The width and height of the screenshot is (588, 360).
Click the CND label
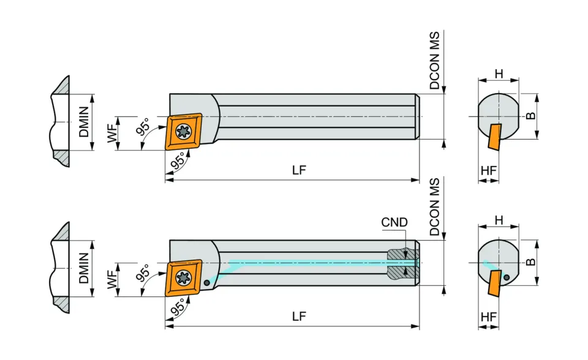pyautogui.click(x=394, y=222)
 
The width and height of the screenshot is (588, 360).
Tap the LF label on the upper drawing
pyautogui.click(x=298, y=171)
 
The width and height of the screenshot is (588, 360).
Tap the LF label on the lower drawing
pyautogui.click(x=298, y=317)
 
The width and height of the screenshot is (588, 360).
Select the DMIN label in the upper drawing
pyautogui.click(x=84, y=122)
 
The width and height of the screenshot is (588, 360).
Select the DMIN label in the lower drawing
pyautogui.click(x=84, y=269)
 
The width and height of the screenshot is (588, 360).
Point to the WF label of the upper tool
pyautogui.click(x=113, y=133)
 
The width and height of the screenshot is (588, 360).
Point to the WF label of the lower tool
pyautogui.click(x=113, y=280)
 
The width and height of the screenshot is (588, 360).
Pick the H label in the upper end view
pyautogui.click(x=499, y=74)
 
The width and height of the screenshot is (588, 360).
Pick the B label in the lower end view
pyautogui.click(x=531, y=261)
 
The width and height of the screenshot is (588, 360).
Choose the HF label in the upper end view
pyautogui.click(x=488, y=171)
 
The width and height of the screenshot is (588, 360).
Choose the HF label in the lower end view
pyautogui.click(x=488, y=317)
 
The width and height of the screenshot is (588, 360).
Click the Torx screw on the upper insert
pyautogui.click(x=182, y=131)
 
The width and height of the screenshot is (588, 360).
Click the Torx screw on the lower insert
pyautogui.click(x=182, y=278)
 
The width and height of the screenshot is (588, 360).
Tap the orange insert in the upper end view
pyautogui.click(x=494, y=137)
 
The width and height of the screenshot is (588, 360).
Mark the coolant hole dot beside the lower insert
pyautogui.click(x=208, y=283)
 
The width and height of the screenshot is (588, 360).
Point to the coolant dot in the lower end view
pyautogui.click(x=507, y=277)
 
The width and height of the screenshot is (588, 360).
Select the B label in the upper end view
pyautogui.click(x=531, y=115)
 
